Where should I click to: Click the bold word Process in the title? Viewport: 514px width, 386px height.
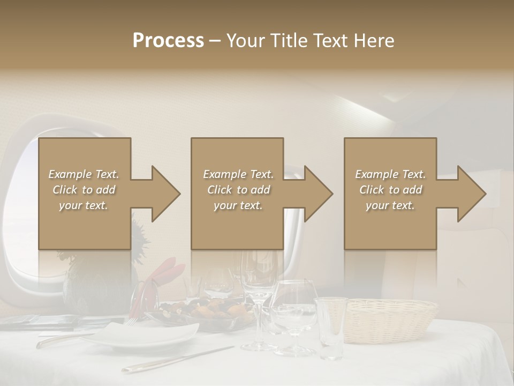pos(168,41)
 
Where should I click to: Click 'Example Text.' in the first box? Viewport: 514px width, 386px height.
pos(84,174)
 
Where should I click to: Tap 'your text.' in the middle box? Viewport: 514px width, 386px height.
pos(238,205)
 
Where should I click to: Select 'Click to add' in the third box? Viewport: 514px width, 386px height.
pos(390,190)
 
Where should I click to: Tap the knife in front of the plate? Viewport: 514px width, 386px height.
pos(177,359)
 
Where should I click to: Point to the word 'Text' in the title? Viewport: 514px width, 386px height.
pos(330,41)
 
